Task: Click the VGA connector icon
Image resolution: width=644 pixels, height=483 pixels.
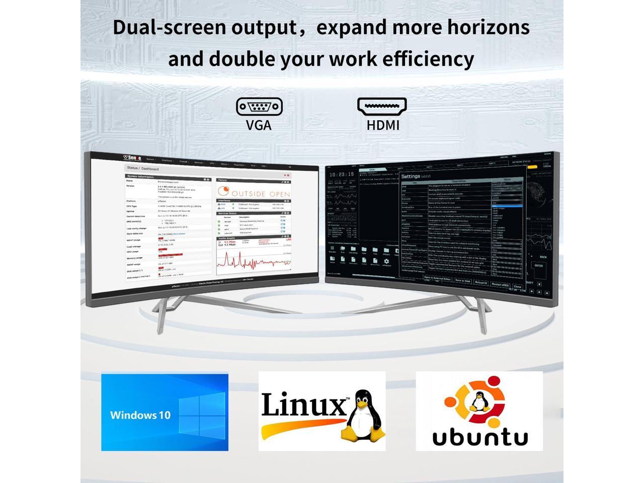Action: click(x=259, y=106)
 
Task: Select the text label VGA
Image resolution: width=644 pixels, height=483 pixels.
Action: click(x=259, y=125)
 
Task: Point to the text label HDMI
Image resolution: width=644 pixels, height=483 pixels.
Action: click(x=383, y=125)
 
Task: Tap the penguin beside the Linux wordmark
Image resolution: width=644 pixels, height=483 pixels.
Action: click(x=361, y=416)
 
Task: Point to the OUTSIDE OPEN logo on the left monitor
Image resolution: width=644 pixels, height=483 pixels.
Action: click(x=254, y=192)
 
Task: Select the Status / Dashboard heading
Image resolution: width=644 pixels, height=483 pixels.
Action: click(x=143, y=169)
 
